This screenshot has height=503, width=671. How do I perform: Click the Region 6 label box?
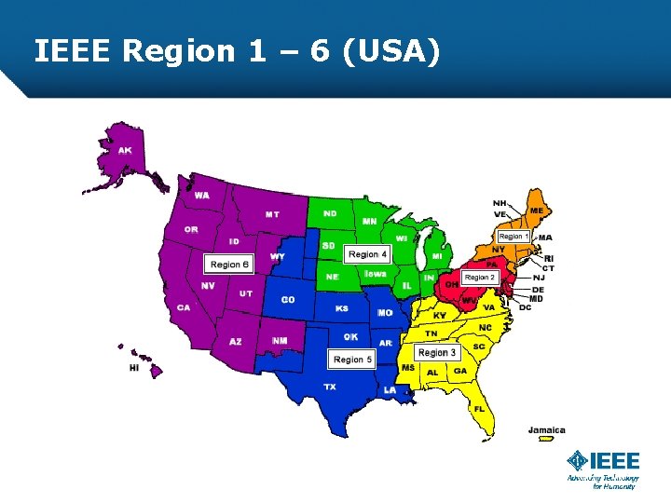click(229, 265)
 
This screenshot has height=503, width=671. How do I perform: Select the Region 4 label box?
click(367, 254)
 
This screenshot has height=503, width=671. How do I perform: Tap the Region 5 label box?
click(352, 359)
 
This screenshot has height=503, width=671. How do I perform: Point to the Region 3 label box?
click(437, 353)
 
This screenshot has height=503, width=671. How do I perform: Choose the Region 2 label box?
click(479, 278)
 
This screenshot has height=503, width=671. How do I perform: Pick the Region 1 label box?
click(514, 237)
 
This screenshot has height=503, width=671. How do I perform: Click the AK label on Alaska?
click(124, 151)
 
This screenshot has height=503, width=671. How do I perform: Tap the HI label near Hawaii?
click(134, 368)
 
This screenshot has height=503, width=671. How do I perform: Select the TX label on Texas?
click(330, 386)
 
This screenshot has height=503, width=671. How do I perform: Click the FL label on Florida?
click(479, 408)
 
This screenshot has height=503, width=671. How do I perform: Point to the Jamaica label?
click(546, 430)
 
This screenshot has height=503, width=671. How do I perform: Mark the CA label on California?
click(184, 307)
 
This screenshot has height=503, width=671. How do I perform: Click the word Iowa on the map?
click(375, 274)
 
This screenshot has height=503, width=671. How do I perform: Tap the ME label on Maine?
click(537, 211)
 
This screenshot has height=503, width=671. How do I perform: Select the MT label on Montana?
click(271, 214)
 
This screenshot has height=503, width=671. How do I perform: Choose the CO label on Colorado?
click(288, 300)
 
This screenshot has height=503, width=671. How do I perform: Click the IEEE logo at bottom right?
click(604, 462)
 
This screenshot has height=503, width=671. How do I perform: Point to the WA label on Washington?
click(201, 196)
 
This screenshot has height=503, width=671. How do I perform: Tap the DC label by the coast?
click(525, 307)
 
